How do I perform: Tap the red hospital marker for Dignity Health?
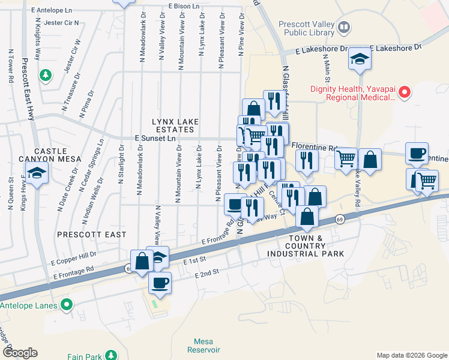point(405,92)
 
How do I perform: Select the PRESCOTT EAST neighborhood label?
point(92,234)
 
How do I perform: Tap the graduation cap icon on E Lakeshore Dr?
point(360,59)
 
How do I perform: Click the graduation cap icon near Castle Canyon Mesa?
point(37,175)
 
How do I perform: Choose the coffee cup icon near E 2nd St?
point(159,283)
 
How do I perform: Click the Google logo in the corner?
point(20,353)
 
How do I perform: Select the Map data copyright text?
point(411,355)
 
